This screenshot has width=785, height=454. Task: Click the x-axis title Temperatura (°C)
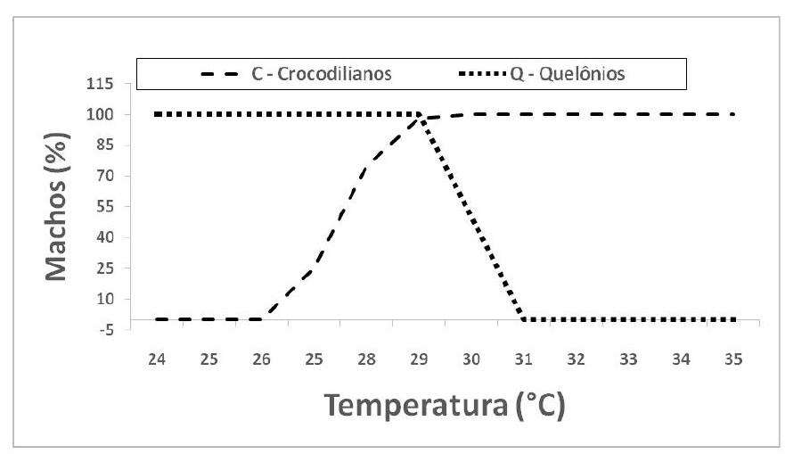446,405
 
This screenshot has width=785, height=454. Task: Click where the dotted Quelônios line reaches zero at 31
524,319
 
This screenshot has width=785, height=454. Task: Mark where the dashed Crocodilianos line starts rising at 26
262,318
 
